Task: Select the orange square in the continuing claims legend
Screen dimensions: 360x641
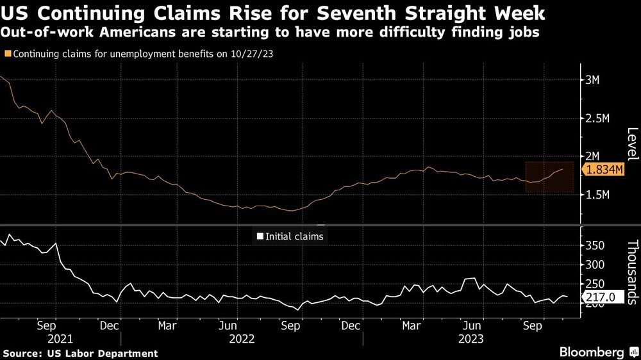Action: coord(7,54)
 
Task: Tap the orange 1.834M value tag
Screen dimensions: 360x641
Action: coord(603,169)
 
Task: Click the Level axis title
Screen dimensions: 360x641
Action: coord(632,144)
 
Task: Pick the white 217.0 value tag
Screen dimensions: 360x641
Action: coord(601,297)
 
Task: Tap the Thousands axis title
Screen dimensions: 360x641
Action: coord(632,271)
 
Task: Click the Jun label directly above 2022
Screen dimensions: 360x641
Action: coord(234,325)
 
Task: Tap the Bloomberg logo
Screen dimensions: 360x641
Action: coord(592,352)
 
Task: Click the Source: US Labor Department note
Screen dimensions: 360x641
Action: coord(80,353)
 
